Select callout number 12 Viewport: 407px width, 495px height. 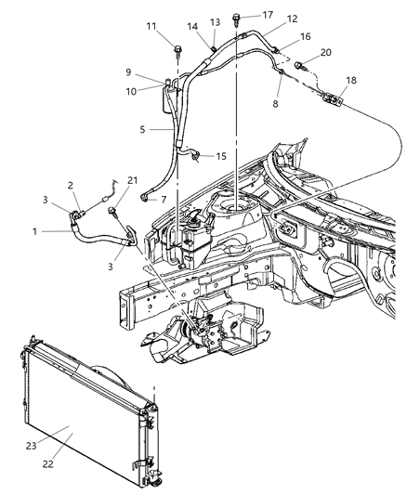267,19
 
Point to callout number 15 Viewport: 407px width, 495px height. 221,157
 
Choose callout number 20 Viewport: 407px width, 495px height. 324,52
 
